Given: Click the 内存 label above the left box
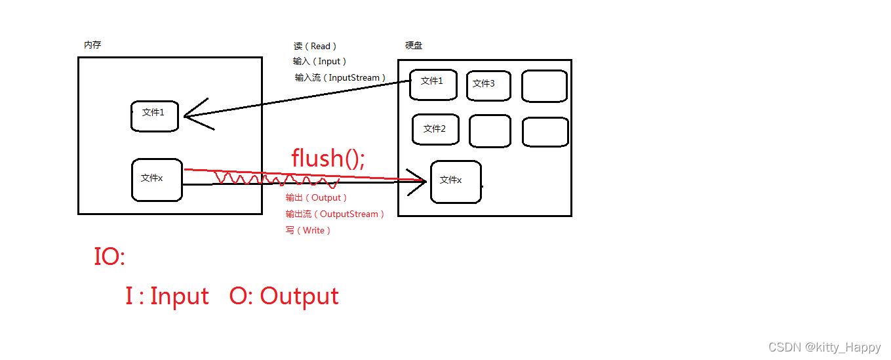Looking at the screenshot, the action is click(x=92, y=45).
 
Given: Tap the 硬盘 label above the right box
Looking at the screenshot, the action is click(x=414, y=45).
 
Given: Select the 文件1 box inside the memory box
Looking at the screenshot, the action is click(x=155, y=116).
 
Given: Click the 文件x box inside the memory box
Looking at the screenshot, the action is click(x=157, y=180).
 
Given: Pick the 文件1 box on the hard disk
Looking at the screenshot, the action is click(x=433, y=85).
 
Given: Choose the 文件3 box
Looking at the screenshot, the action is click(x=488, y=85).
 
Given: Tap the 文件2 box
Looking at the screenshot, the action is click(x=435, y=129).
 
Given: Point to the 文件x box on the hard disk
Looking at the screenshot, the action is click(x=456, y=182).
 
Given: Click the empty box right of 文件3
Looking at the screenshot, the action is click(x=545, y=86).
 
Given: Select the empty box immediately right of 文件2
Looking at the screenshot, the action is click(x=490, y=131).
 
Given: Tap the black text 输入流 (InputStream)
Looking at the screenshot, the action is click(x=340, y=77).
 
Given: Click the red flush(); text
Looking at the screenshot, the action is click(x=328, y=158).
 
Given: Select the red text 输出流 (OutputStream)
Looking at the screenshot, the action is click(x=335, y=214).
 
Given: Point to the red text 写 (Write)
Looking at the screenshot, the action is click(x=308, y=230).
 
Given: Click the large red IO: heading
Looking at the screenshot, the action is click(x=109, y=256).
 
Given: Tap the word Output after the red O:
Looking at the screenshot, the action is click(x=299, y=296).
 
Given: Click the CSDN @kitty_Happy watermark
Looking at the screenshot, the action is click(x=824, y=348).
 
